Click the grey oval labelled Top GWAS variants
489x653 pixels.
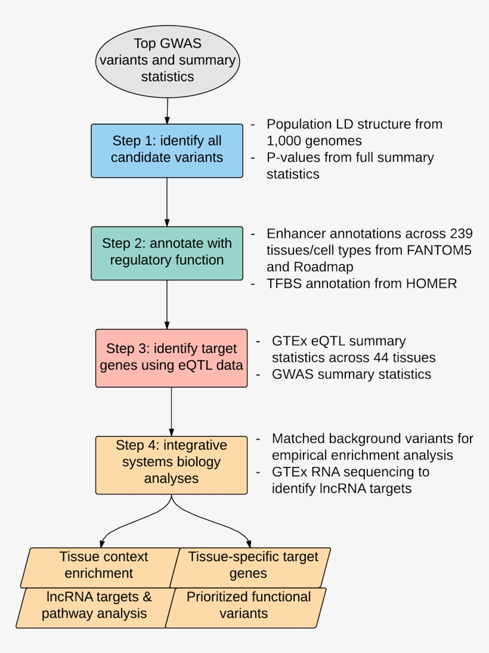167,61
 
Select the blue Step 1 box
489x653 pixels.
167,150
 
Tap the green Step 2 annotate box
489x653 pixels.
167,253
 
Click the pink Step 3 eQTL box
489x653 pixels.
171,358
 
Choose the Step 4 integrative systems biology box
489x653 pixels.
171,465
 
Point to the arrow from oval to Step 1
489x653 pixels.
168,110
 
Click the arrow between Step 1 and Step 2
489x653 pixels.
167,202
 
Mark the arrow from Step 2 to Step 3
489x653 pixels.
168,304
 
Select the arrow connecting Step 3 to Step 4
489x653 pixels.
172,411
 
